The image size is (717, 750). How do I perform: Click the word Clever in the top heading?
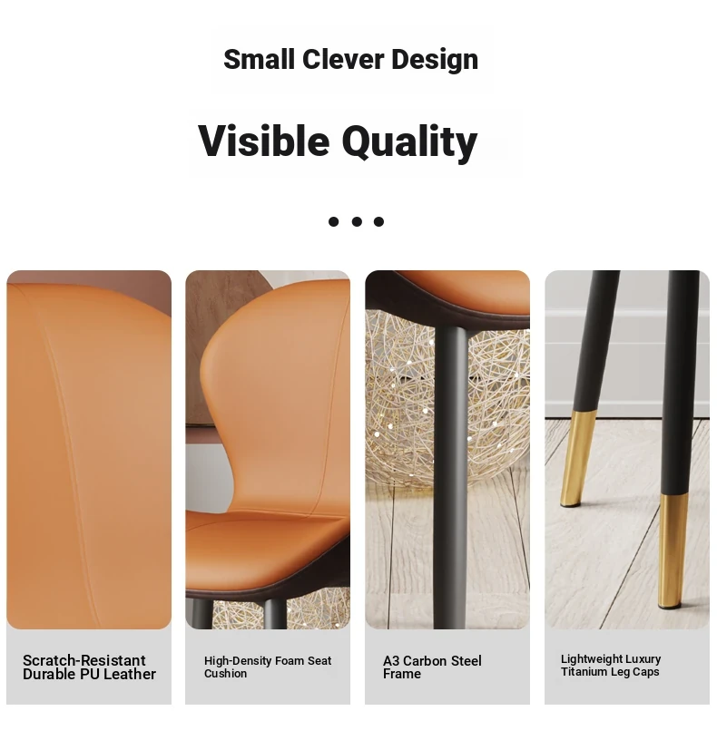[x=343, y=59]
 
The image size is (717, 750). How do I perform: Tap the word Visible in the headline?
[x=264, y=141]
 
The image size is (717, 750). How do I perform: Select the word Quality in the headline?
[x=409, y=143]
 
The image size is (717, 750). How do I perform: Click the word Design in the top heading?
[x=435, y=60]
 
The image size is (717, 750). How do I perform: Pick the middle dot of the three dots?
[x=357, y=221]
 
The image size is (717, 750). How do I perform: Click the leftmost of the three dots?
[x=334, y=221]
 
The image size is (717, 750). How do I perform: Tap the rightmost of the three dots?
[x=378, y=221]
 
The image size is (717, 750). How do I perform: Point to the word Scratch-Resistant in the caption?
[x=84, y=660]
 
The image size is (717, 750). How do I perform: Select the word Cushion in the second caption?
[x=225, y=674]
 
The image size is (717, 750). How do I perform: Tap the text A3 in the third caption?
[x=391, y=661]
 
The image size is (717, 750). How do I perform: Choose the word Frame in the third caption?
[x=402, y=674]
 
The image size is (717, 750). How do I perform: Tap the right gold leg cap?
[x=673, y=551]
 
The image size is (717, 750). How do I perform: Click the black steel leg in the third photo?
[x=451, y=477]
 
